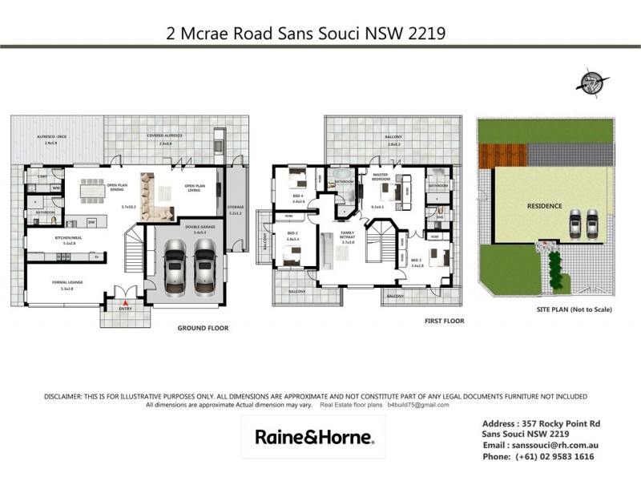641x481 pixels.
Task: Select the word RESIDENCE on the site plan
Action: (544, 206)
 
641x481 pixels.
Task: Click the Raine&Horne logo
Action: (313, 438)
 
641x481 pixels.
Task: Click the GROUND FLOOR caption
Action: (204, 328)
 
